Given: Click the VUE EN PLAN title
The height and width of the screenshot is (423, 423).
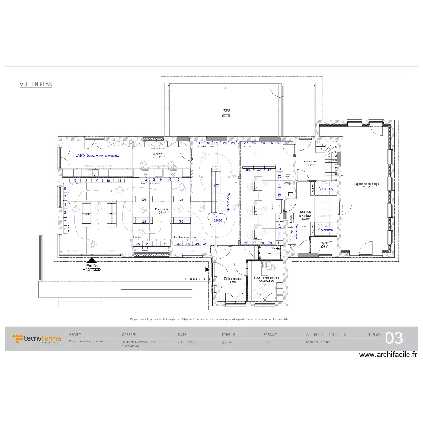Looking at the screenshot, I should point(36,84).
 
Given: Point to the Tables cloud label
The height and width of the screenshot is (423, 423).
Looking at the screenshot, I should point(216,220).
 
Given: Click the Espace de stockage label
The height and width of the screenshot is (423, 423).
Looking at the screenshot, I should point(367,185).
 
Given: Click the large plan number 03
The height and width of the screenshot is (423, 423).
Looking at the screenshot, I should point(394,338).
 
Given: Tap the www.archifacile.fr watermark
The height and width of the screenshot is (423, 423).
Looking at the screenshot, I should point(387,355).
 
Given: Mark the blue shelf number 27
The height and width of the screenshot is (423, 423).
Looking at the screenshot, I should point(287,143).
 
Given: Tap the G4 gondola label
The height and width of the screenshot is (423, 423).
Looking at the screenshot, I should point(144,200).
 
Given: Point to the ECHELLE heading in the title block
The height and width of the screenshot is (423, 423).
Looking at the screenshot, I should point(228,334).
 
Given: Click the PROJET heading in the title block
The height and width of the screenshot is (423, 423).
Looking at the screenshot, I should point(75,334).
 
